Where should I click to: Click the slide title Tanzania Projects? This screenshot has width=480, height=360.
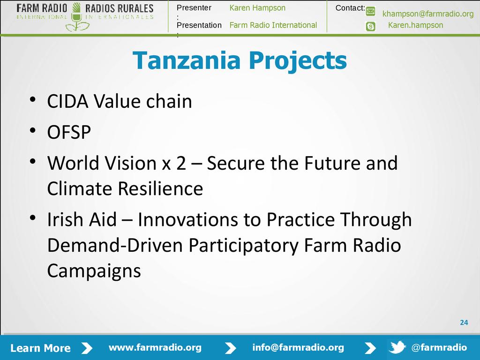click(x=240, y=60)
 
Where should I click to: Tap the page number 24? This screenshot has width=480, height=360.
click(x=464, y=322)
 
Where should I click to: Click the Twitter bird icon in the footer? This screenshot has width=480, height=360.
click(x=397, y=347)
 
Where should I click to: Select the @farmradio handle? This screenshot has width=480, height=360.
click(x=439, y=347)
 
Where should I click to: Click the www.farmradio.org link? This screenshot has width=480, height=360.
click(x=155, y=347)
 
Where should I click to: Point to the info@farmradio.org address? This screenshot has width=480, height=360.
click(x=298, y=347)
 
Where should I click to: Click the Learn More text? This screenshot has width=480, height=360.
click(x=40, y=348)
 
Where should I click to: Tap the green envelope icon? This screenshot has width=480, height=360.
click(x=370, y=12)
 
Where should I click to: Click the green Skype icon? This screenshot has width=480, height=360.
click(x=370, y=27)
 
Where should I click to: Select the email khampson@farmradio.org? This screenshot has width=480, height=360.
click(x=428, y=14)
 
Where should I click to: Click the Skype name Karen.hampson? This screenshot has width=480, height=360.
click(x=415, y=25)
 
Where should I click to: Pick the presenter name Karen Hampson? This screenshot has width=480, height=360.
click(x=257, y=8)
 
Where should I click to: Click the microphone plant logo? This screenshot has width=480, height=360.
click(x=76, y=17)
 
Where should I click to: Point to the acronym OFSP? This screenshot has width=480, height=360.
click(x=69, y=132)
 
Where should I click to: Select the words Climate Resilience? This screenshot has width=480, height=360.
click(x=125, y=188)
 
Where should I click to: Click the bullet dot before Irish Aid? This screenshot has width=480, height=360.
click(x=33, y=218)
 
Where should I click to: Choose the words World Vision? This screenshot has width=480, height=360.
click(x=102, y=163)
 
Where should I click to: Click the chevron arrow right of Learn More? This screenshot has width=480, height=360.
click(x=87, y=348)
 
